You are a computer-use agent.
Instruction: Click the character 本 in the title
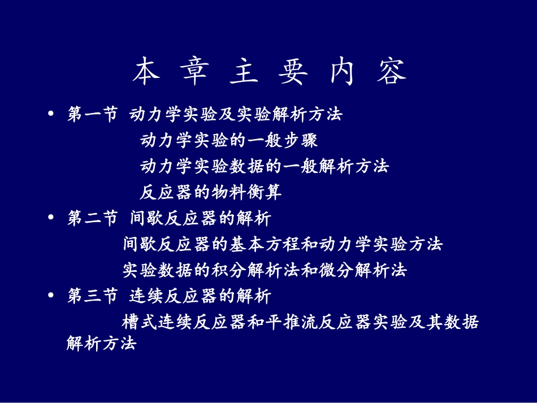click(x=146, y=72)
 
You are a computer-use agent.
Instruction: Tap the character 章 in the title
click(x=196, y=72)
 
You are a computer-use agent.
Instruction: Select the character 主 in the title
click(x=244, y=72)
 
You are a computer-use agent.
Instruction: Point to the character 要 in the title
click(x=293, y=72)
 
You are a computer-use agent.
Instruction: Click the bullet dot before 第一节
click(x=52, y=114)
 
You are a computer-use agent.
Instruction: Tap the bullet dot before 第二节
click(x=52, y=218)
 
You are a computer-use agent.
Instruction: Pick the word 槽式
click(x=139, y=322)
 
